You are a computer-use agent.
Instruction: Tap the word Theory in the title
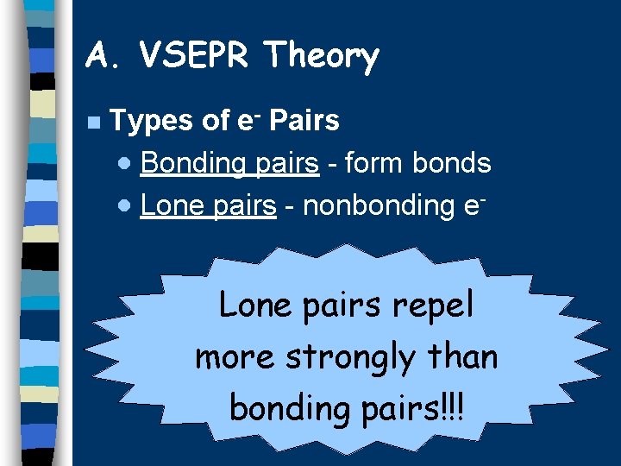(x=322, y=57)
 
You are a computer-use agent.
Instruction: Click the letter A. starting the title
(x=104, y=56)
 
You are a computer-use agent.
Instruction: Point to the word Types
(x=152, y=122)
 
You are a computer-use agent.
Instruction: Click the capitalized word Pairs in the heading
(x=304, y=121)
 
